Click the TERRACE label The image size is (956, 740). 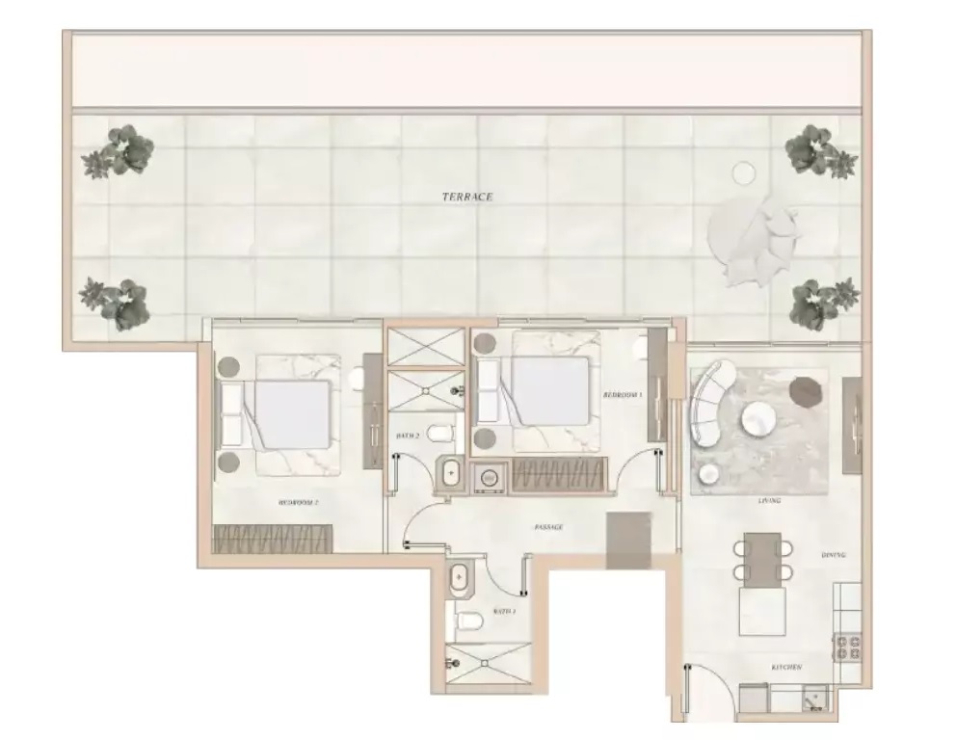tap(467, 197)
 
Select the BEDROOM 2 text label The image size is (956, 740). tap(299, 503)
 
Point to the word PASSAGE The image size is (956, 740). tap(548, 527)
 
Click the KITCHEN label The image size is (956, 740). tap(785, 667)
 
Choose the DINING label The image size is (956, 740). tap(834, 556)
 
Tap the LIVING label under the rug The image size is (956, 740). tap(769, 501)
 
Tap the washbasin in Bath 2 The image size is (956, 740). tap(450, 473)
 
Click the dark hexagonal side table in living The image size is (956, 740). tap(803, 390)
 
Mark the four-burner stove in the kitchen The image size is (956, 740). tap(848, 646)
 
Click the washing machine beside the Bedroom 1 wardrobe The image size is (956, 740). tap(491, 476)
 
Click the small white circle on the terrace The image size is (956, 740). tap(743, 173)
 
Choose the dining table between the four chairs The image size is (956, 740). tap(762, 558)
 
